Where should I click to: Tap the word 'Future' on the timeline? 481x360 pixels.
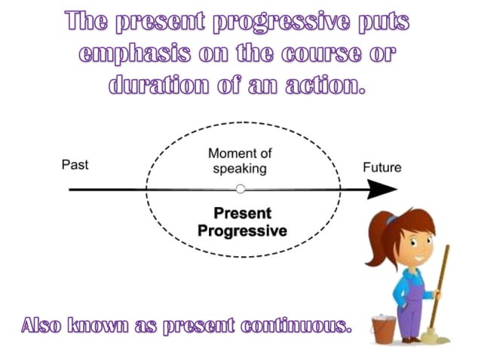click(382, 167)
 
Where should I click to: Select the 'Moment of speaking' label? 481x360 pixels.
click(240, 161)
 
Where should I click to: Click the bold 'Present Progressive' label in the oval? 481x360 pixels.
click(241, 222)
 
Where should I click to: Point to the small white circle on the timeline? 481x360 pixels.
click(240, 189)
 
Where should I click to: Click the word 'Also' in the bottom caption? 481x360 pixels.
click(42, 327)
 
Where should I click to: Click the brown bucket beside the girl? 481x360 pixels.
click(382, 329)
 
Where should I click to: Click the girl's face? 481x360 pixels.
click(412, 240)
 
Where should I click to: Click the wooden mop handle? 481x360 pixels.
click(441, 286)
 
